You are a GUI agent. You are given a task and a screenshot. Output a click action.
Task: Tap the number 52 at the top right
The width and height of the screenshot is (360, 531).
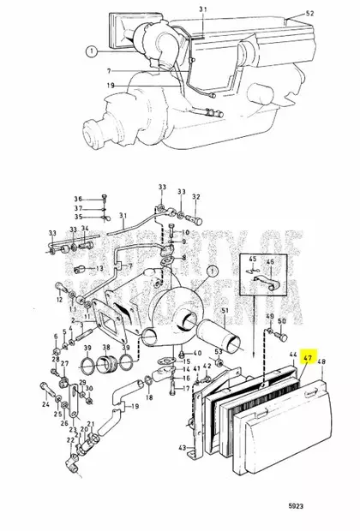tap(309, 15)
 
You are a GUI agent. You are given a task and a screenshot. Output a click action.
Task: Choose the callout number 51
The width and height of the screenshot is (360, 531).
tap(225, 310)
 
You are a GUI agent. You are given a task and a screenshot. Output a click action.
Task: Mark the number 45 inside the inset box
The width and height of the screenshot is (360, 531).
tap(253, 260)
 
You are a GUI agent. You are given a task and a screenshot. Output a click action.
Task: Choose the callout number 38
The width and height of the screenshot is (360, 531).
tap(107, 347)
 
